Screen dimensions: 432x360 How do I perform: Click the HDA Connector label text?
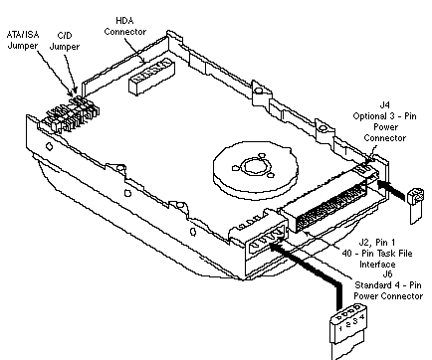coord(124,26)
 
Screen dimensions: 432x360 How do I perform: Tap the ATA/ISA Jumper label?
coord(23,40)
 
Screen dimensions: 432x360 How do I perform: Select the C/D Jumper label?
coord(65,41)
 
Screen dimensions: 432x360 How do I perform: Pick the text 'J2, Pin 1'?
coord(376,243)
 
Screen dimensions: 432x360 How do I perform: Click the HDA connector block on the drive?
coord(151,77)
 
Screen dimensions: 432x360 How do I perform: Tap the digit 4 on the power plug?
coord(362,317)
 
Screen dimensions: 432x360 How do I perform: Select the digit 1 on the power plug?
coord(340,328)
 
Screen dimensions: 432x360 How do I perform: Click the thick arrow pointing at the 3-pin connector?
coord(391,190)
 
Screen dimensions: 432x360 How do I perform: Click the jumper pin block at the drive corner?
coord(70,114)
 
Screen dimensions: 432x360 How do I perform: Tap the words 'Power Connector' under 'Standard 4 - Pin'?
coord(388,295)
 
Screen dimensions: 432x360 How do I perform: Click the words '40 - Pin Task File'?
coord(377,254)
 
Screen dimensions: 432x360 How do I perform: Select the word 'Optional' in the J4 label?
coord(369,116)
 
